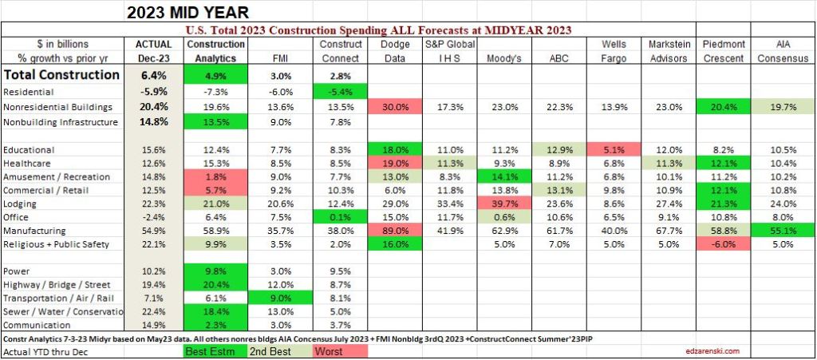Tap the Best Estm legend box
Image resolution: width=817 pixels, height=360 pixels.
coord(216,351)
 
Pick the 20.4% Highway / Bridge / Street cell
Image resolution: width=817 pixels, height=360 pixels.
coord(216,284)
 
